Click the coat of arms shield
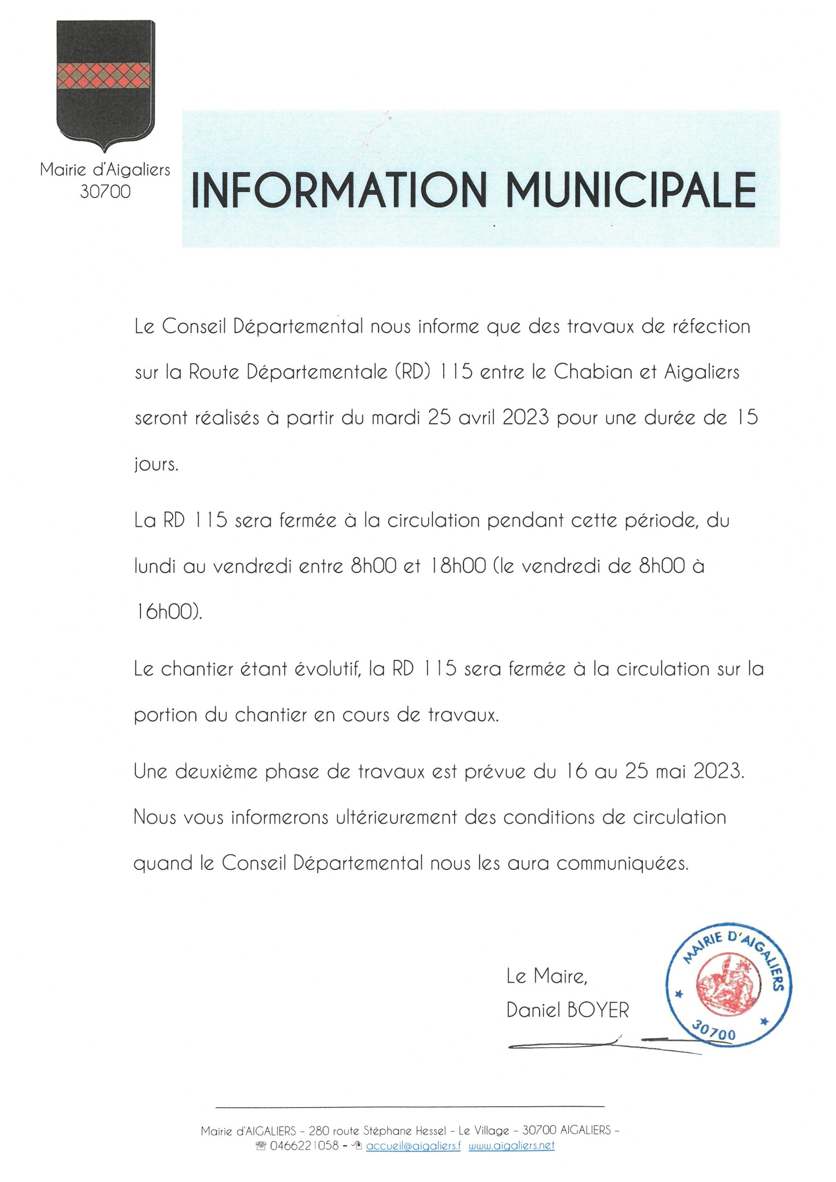click(x=105, y=82)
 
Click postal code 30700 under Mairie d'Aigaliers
click(x=105, y=192)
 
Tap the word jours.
click(x=156, y=465)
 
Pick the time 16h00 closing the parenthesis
click(x=168, y=612)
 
